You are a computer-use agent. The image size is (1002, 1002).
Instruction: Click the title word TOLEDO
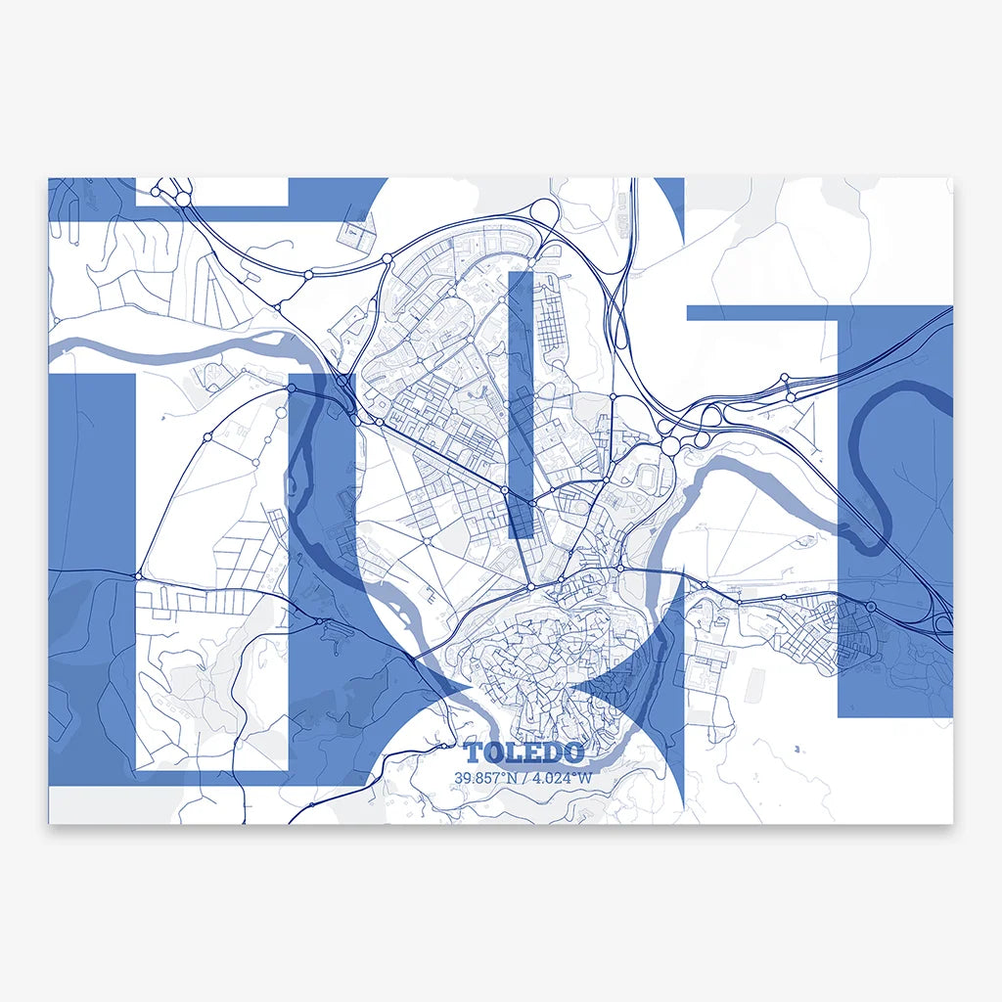tap(524, 752)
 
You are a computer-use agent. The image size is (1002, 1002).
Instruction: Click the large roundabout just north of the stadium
tap(670, 446)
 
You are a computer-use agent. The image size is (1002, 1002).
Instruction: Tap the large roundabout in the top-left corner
tap(183, 199)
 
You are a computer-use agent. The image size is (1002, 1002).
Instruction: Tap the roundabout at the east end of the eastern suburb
tap(871, 608)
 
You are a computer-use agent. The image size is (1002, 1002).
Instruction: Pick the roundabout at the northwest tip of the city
tap(387, 259)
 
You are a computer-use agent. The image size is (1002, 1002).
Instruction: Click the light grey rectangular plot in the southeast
tap(754, 688)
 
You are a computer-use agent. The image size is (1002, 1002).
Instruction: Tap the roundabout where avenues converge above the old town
tap(530, 587)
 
